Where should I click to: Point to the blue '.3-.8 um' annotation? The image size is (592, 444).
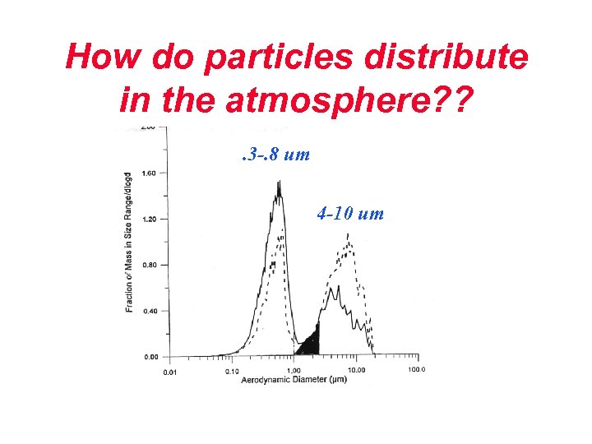point(275,153)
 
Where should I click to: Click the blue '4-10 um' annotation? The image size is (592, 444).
point(350,215)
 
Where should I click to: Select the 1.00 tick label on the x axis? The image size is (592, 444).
point(294,371)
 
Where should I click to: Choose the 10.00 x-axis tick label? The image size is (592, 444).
point(357,371)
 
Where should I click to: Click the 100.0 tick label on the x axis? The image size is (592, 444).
point(417,371)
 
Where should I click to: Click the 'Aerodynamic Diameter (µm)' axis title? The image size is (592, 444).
point(294,382)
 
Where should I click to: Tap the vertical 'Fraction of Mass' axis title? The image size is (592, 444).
point(129,242)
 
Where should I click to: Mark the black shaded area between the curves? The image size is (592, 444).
point(309,342)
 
